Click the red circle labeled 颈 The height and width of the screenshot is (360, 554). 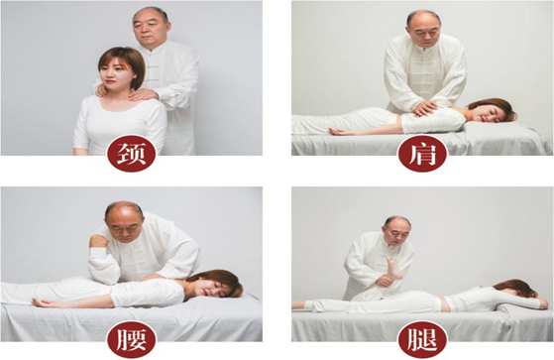(x=132, y=154)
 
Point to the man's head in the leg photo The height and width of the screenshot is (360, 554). (x=396, y=230)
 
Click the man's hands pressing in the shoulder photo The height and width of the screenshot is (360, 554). (x=423, y=105)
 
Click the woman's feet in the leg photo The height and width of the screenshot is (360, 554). (x=298, y=305)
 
